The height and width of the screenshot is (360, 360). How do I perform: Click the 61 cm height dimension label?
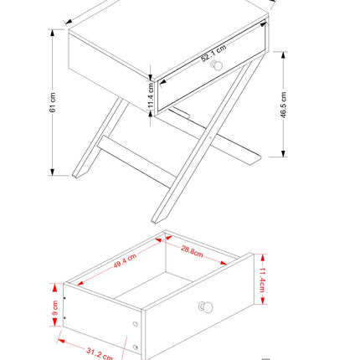[x=53, y=102]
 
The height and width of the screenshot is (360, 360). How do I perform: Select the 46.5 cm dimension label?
[x=285, y=103]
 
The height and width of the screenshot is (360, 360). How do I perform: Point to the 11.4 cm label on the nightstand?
[x=150, y=96]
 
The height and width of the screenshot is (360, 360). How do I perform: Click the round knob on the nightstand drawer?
[x=217, y=66]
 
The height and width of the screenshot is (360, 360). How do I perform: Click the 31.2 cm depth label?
[x=99, y=353]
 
